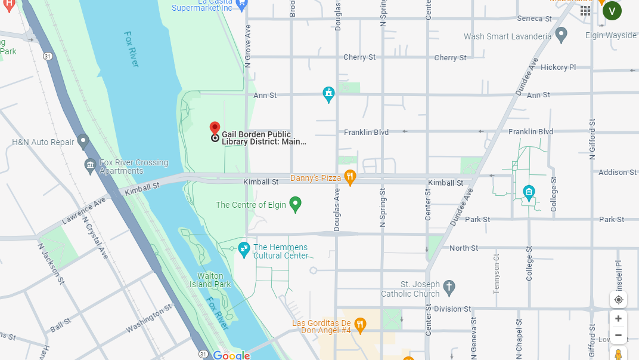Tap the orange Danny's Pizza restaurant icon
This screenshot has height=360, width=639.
350,177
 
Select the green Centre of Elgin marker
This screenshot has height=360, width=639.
295,204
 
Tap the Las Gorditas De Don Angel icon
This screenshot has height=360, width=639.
360,325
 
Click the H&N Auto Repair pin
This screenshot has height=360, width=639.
83,141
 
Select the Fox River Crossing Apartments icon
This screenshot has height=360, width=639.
91,165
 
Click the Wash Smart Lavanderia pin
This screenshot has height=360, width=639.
561,35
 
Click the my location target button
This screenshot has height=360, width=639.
618,299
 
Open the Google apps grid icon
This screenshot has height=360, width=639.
585,11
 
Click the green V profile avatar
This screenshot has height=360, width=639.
612,11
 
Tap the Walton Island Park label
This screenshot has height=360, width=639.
213,280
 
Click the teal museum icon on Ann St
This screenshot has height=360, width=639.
328,94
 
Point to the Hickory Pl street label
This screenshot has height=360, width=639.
558,67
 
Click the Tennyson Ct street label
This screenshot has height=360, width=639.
497,273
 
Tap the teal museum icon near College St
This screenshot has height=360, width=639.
528,192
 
